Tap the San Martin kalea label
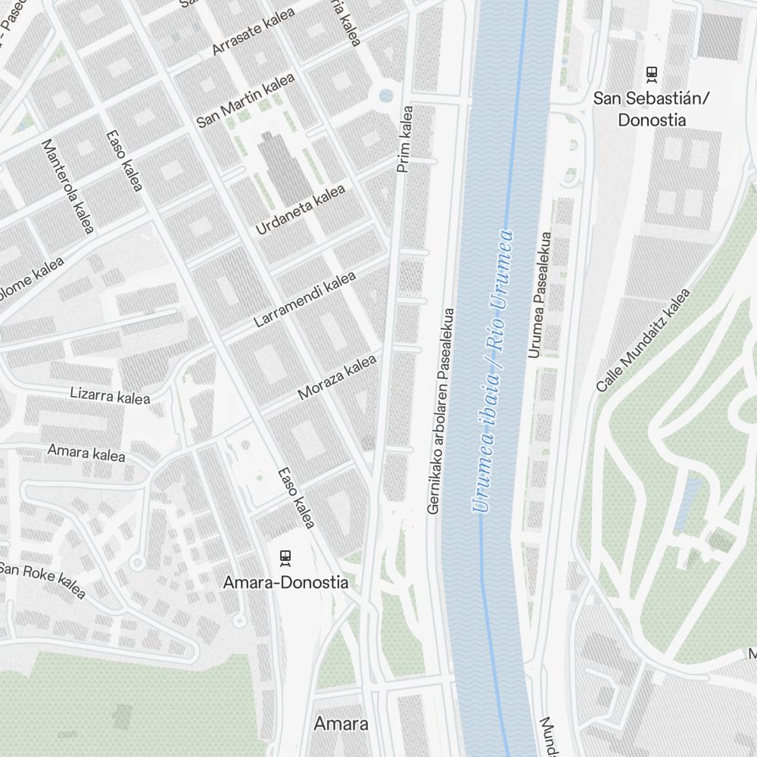[245, 101]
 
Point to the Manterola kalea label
[67, 186]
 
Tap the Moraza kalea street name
[337, 378]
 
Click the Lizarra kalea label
[110, 395]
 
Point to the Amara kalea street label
[86, 453]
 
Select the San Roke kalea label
[42, 579]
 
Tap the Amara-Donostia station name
[285, 583]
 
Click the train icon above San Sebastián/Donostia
[651, 74]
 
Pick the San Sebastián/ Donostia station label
[651, 109]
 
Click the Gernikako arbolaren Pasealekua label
[442, 411]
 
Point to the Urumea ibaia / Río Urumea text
[493, 371]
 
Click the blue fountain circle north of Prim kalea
[386, 95]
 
